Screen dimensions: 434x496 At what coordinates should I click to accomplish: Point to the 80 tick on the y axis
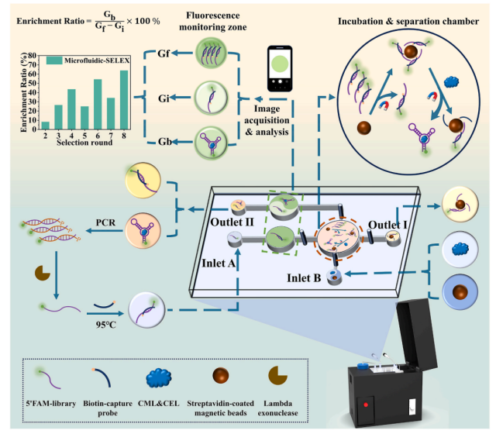pos(32,54)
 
